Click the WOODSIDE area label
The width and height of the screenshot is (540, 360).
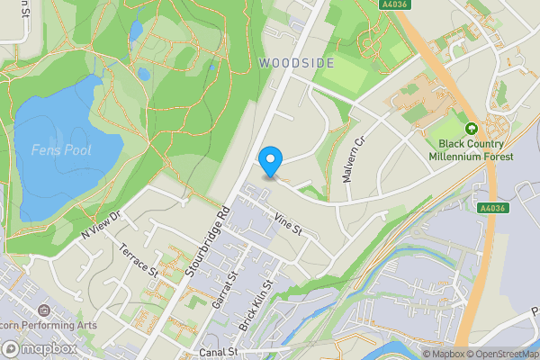(x=296, y=63)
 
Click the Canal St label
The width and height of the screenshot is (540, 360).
(x=219, y=352)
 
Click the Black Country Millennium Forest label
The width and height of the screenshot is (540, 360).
(x=476, y=149)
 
